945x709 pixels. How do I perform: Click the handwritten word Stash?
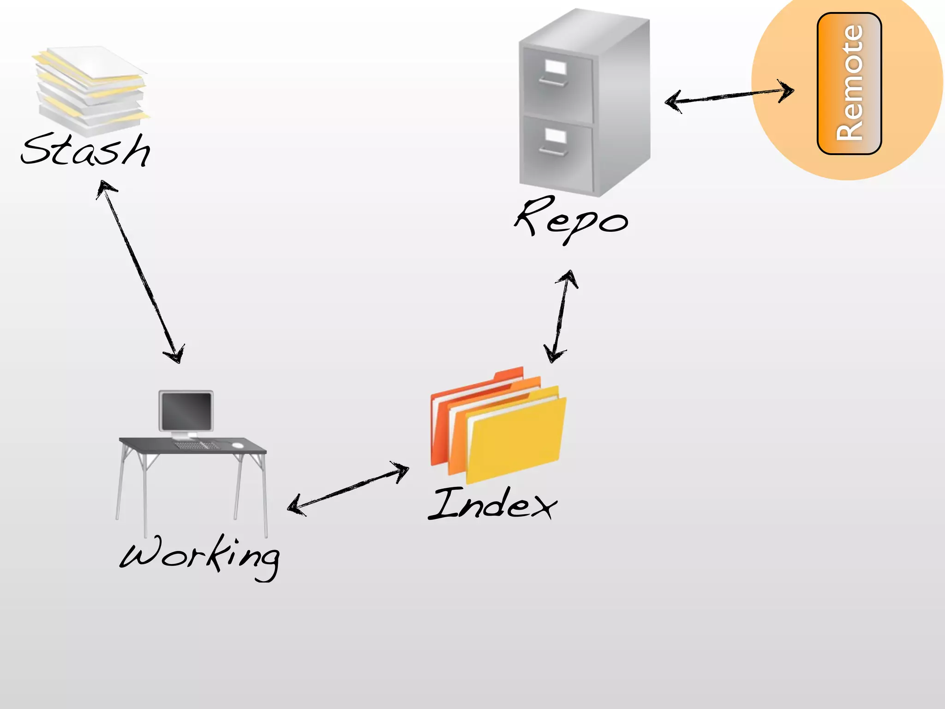(85, 150)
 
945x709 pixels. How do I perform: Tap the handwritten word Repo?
(571, 219)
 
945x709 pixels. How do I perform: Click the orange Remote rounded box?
(849, 83)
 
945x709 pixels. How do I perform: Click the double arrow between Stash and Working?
(140, 272)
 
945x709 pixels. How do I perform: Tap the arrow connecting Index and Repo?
(561, 316)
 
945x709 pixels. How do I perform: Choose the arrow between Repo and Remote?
(729, 96)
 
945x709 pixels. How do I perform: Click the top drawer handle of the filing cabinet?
(553, 82)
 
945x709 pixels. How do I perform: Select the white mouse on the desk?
(238, 445)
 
